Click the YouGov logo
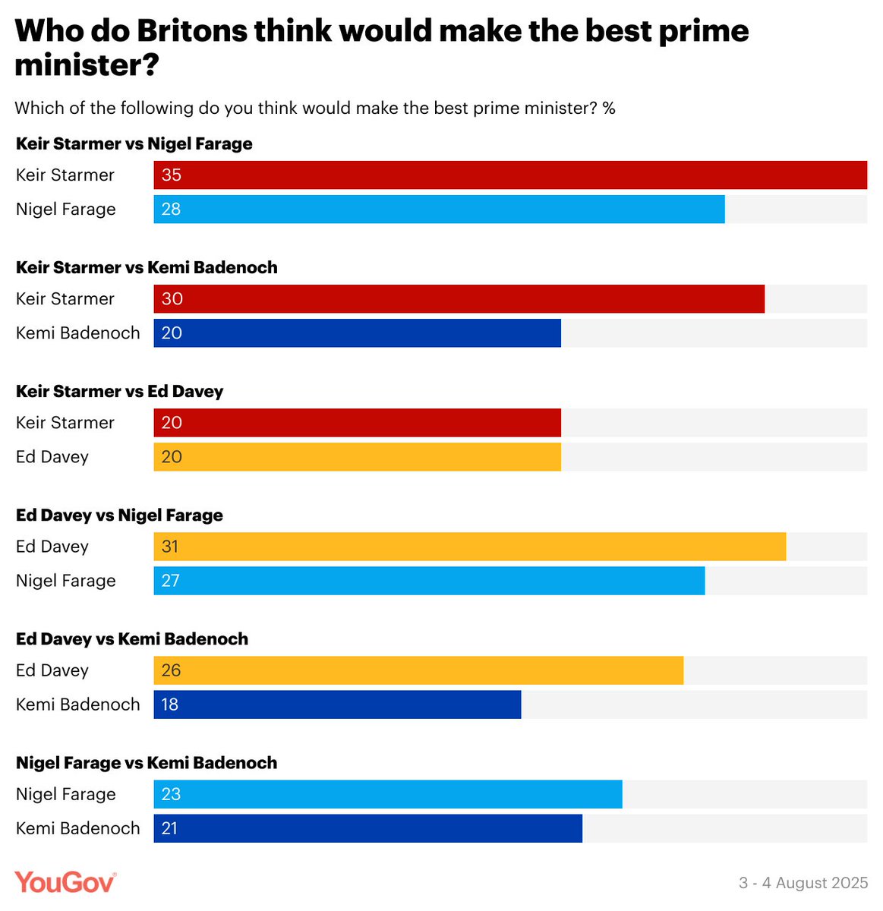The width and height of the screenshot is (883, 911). [65, 882]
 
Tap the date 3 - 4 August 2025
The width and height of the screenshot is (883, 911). [803, 883]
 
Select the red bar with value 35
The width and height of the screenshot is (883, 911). [510, 175]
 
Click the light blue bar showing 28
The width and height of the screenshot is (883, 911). [439, 210]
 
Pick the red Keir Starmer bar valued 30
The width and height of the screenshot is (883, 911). [459, 299]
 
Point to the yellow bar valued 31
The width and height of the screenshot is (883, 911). [469, 547]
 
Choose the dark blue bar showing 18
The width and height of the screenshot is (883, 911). [337, 705]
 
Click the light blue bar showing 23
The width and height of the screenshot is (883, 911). [387, 794]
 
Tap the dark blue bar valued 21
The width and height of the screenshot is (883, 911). [367, 828]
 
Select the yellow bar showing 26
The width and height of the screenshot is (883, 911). [418, 670]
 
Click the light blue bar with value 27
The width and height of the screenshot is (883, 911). [429, 581]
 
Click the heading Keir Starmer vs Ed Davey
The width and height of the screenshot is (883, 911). [119, 391]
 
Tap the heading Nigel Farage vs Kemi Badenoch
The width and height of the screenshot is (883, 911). [147, 762]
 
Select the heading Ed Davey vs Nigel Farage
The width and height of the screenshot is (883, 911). [119, 515]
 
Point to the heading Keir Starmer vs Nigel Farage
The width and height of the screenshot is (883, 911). [134, 143]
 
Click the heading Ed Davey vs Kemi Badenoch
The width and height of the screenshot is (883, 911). [132, 638]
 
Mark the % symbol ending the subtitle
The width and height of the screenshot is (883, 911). [608, 109]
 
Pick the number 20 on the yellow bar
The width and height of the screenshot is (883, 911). [172, 457]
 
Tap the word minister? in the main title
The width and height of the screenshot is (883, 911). [87, 65]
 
